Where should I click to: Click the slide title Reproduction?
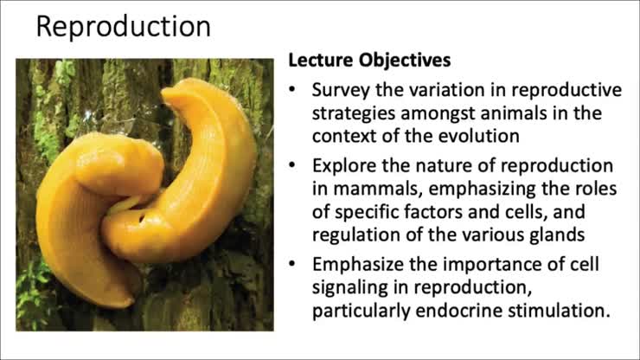tap(123, 27)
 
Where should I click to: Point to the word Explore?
tap(342, 164)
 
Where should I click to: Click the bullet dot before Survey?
tap(296, 90)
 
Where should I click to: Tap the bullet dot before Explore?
tap(296, 164)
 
